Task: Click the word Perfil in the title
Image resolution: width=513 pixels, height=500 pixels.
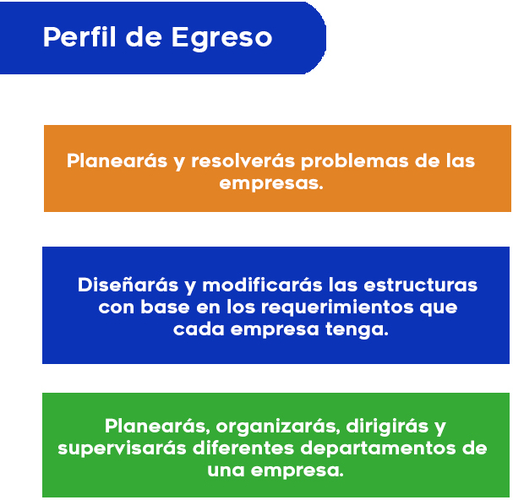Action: [79, 37]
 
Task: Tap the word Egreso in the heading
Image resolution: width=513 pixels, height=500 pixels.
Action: [221, 39]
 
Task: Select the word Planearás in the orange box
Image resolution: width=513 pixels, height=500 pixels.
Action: [117, 160]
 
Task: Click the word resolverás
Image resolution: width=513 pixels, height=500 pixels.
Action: [243, 160]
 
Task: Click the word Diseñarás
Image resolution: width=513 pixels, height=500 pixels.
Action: [128, 285]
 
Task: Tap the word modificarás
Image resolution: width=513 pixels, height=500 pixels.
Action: [262, 285]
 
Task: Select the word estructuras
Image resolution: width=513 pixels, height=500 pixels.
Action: [420, 285]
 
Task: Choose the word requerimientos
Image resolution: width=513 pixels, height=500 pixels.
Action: [337, 308]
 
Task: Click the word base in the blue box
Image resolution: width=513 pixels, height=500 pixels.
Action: [165, 307]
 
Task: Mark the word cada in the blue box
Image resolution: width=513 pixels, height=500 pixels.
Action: [199, 329]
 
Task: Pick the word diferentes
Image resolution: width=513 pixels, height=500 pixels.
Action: [243, 448]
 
